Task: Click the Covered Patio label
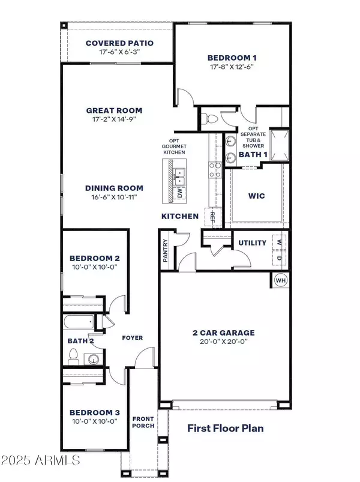119,43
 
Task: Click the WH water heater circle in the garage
280,280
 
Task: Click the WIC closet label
257,196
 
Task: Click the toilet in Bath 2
74,359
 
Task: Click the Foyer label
133,338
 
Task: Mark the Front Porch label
144,422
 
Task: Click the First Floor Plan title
225,429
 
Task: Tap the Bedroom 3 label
94,412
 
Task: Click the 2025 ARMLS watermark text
40,461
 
